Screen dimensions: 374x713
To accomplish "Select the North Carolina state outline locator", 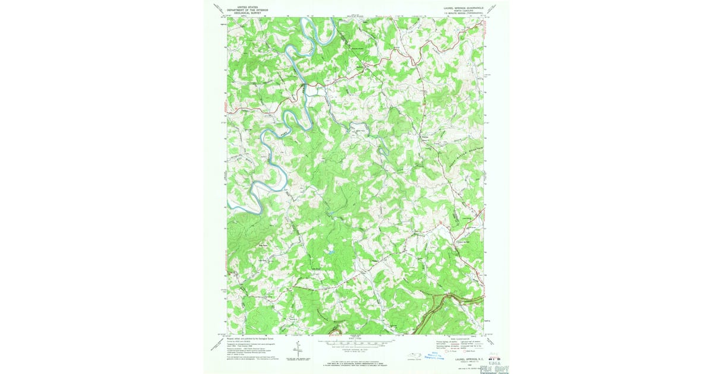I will coord(407,356).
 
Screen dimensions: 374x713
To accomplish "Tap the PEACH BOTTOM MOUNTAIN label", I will coord(466,148).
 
